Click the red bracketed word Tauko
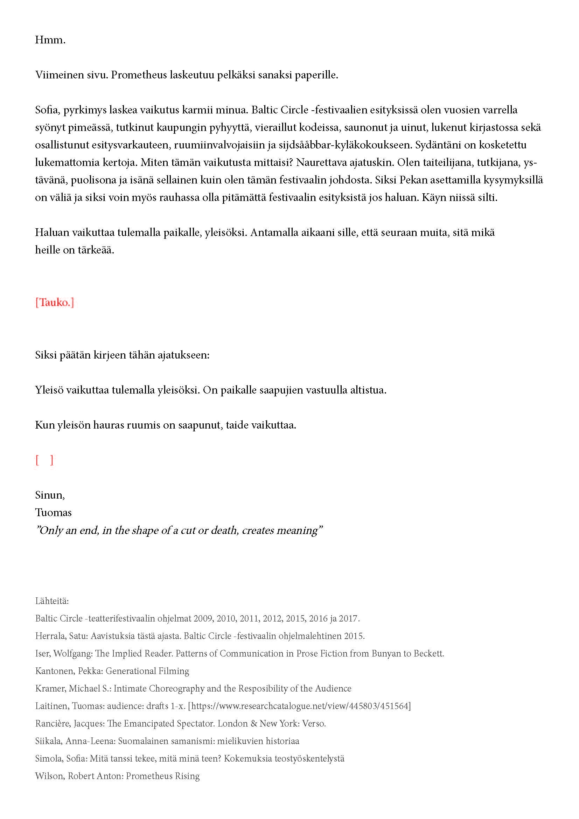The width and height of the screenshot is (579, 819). click(55, 303)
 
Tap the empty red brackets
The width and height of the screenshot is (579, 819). click(44, 460)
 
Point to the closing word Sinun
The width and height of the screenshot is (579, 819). click(50, 495)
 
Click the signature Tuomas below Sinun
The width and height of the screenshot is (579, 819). click(53, 513)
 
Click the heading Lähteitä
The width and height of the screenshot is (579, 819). click(52, 601)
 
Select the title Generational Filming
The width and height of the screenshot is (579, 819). click(147, 671)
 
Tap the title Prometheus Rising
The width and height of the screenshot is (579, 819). click(163, 776)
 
